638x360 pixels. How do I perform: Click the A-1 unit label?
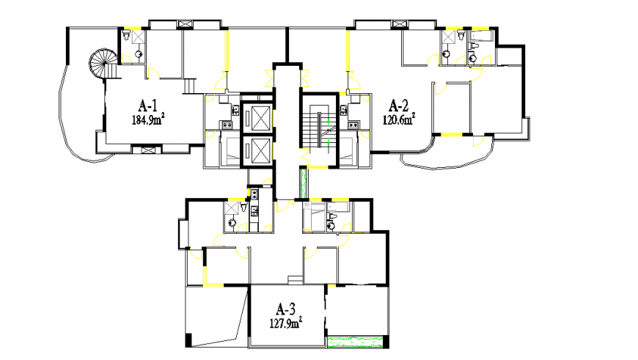(x=147, y=106)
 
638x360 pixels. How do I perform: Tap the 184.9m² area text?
(x=148, y=120)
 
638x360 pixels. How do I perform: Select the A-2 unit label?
(x=399, y=106)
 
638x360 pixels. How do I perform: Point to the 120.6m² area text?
(x=399, y=120)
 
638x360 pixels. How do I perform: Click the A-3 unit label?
(x=285, y=309)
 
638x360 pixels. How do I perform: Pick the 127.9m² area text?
(x=285, y=323)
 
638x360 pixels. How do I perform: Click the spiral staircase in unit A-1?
(x=103, y=64)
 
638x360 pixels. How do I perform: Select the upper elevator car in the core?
(x=257, y=118)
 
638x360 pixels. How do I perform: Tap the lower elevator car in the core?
(x=257, y=150)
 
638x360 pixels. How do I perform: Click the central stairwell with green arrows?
(x=320, y=129)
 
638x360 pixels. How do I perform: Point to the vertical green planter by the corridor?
(x=303, y=183)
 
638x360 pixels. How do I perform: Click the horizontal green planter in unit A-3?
(x=355, y=341)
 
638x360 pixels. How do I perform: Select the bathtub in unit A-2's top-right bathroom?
(x=482, y=36)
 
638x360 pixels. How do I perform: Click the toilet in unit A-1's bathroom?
(x=126, y=36)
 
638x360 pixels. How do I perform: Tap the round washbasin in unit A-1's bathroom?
(x=139, y=54)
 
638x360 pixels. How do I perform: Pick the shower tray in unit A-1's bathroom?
(x=139, y=36)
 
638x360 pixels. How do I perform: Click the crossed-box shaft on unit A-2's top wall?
(x=399, y=24)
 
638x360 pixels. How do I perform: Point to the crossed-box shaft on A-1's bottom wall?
(x=147, y=150)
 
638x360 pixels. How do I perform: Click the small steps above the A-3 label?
(x=295, y=280)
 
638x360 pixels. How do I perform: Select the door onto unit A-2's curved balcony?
(x=478, y=140)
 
